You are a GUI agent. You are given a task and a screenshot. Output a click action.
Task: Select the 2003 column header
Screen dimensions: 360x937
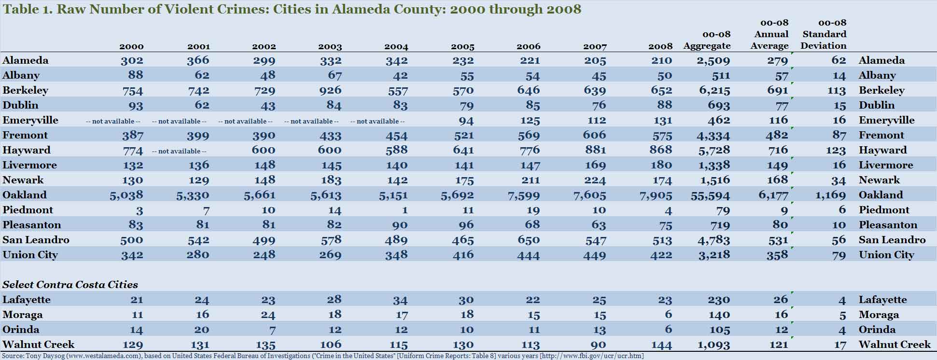[x=330, y=47]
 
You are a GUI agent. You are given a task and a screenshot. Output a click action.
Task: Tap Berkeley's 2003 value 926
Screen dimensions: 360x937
[x=330, y=90]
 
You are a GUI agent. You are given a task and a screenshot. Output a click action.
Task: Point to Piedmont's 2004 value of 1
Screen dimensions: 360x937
[x=405, y=210]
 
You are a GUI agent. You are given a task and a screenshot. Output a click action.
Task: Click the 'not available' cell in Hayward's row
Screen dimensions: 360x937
[x=179, y=151]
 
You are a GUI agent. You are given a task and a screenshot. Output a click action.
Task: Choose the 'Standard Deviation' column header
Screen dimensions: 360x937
[x=824, y=34]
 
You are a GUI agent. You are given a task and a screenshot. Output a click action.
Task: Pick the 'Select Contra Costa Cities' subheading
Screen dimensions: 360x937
[x=70, y=285]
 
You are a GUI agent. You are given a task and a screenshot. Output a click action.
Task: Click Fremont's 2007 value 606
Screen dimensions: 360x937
[x=594, y=136]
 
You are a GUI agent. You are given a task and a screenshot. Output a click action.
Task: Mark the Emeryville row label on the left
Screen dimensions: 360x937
[x=30, y=120]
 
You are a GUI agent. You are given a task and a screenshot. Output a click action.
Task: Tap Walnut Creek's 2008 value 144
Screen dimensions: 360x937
[x=661, y=345]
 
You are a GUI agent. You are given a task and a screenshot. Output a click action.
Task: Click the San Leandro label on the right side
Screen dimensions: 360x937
[x=892, y=240]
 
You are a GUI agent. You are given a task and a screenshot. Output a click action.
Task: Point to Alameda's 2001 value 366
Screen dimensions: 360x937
[x=198, y=60]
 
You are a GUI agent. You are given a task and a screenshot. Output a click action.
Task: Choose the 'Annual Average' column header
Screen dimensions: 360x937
[x=771, y=34]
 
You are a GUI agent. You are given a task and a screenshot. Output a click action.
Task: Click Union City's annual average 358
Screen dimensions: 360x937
[x=777, y=255]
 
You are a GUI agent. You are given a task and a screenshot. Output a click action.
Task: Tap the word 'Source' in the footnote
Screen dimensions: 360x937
[x=13, y=356]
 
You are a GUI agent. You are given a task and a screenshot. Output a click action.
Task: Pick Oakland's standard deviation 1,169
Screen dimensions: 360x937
[x=830, y=195]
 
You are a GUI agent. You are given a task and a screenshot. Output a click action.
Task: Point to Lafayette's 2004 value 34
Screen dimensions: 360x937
[x=400, y=300]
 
